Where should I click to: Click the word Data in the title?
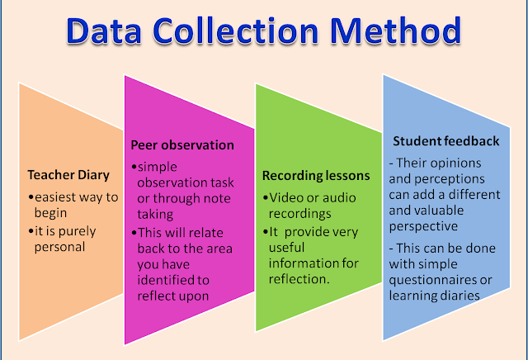[103, 31]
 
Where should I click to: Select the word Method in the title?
[396, 31]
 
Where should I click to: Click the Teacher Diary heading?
[68, 175]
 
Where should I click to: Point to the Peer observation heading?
[182, 145]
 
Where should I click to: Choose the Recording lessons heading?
[316, 176]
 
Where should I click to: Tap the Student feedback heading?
[445, 141]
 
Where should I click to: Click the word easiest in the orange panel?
[55, 197]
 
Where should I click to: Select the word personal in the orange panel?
[59, 247]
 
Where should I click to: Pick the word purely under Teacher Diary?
[77, 232]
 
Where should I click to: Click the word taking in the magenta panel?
[155, 215]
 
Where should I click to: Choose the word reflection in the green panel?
[299, 279]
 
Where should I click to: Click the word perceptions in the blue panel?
[449, 179]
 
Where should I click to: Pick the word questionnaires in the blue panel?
[432, 280]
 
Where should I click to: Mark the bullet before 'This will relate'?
[134, 233]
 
